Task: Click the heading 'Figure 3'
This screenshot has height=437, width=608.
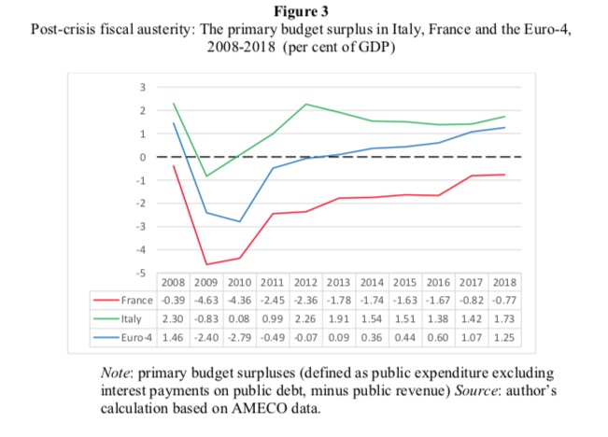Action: point(304,12)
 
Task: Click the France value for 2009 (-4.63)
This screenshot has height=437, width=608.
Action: point(205,301)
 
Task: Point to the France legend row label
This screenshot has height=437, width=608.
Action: point(136,301)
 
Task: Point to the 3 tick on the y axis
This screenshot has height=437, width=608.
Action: point(143,88)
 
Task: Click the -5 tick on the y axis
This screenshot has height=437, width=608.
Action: point(141,273)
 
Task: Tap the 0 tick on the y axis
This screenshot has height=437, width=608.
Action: point(143,157)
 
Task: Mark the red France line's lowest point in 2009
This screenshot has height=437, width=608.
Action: point(206,264)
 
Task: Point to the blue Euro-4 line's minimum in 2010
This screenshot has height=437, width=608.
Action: point(240,221)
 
